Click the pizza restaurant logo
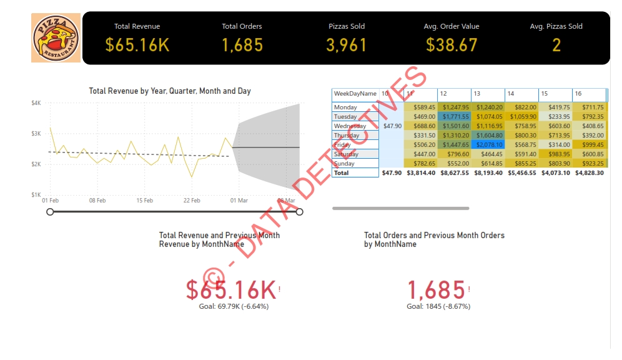coord(56,37)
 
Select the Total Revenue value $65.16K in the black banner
coord(137,45)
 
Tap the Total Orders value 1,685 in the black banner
coord(242,45)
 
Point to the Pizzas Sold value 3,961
coord(347,45)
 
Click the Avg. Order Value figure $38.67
coord(452,45)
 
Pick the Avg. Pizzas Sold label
coord(556,26)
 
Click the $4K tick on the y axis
coord(36,103)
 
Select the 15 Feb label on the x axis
coord(144,201)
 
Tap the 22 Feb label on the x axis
coord(192,201)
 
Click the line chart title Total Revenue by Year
coord(170,91)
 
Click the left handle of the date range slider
coord(50,212)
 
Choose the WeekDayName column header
coord(355,94)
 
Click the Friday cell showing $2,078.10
coord(488,144)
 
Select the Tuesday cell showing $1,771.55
coord(454,116)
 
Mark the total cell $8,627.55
coord(454,172)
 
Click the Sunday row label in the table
coord(345,163)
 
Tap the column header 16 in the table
coord(578,94)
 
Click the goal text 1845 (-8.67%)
coord(438,306)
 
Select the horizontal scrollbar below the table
coord(400,208)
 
